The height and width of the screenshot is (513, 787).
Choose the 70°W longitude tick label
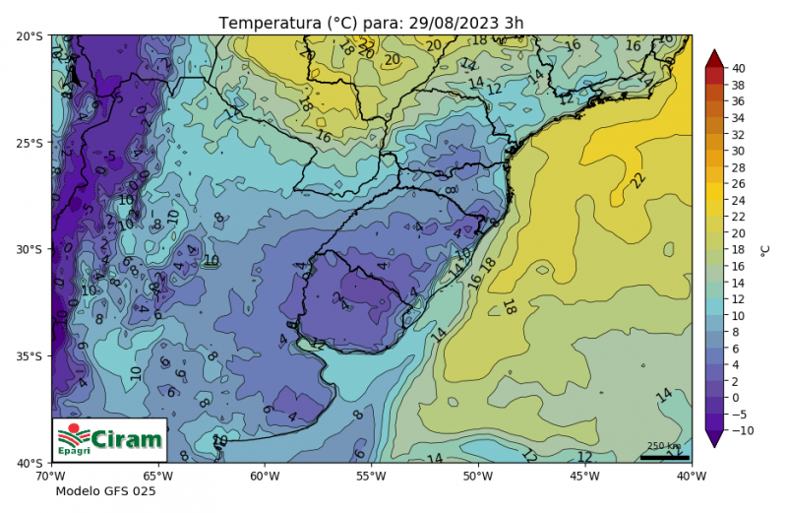(x=51, y=476)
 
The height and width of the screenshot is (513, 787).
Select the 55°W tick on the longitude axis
(x=370, y=476)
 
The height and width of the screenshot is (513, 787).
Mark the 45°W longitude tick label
(x=584, y=476)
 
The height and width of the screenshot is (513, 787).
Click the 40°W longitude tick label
(x=691, y=476)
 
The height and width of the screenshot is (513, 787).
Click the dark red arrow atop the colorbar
(x=715, y=58)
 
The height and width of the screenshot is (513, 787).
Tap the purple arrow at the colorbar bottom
(x=715, y=439)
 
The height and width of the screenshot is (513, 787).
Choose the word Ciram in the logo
(x=126, y=437)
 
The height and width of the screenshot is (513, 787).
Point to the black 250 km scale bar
(x=664, y=457)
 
